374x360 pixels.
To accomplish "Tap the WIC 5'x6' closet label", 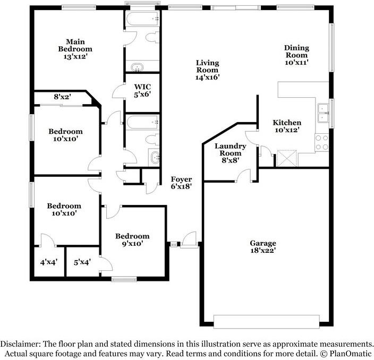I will pyautogui.click(x=143, y=90).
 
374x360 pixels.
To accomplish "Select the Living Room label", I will pyautogui.click(x=207, y=70).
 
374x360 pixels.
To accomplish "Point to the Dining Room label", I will pyautogui.click(x=296, y=55).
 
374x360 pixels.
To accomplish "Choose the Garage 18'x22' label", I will pyautogui.click(x=263, y=247).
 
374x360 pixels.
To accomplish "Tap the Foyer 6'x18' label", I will pyautogui.click(x=181, y=183).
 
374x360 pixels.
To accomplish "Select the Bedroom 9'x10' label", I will pyautogui.click(x=133, y=240).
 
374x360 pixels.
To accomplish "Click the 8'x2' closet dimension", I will pyautogui.click(x=63, y=97).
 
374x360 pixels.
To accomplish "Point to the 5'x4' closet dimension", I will pyautogui.click(x=82, y=262).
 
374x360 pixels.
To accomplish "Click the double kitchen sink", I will pyautogui.click(x=322, y=109).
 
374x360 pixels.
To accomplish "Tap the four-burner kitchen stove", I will pyautogui.click(x=322, y=141).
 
